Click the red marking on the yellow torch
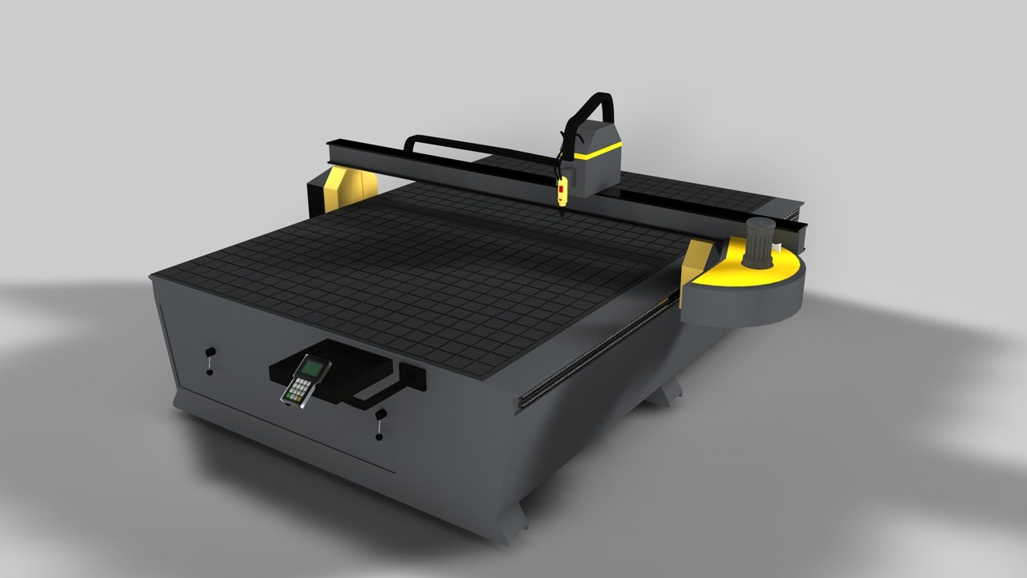click(562, 189)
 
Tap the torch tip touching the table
click(562, 206)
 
